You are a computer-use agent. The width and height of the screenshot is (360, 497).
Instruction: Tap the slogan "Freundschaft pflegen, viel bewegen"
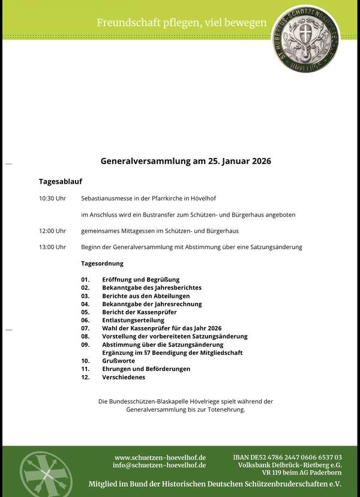182,23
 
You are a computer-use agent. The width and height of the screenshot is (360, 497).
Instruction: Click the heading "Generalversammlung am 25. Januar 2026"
186,161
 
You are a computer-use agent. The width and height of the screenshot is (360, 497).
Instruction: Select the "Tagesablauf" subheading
61,181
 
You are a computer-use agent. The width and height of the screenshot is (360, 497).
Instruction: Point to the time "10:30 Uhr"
52,198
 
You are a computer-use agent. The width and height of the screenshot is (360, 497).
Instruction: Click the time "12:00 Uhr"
52,230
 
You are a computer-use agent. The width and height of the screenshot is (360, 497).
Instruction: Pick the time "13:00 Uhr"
52,247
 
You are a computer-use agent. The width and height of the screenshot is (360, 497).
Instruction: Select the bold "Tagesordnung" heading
102,263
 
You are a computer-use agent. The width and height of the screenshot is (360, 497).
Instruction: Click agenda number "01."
85,279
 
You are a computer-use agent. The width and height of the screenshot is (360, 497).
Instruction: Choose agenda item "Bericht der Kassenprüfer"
139,312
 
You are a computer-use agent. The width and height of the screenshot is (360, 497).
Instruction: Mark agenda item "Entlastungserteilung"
133,320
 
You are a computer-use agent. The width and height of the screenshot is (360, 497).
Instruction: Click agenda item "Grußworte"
118,361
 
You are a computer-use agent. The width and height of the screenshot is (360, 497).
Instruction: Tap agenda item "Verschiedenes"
124,377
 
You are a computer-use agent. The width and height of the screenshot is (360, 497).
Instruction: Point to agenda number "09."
85,345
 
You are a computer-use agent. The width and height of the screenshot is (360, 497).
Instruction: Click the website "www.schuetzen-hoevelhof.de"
160,457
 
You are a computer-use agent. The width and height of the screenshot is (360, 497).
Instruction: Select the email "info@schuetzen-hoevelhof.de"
159,465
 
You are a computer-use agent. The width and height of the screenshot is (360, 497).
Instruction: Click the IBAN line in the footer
287,457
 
